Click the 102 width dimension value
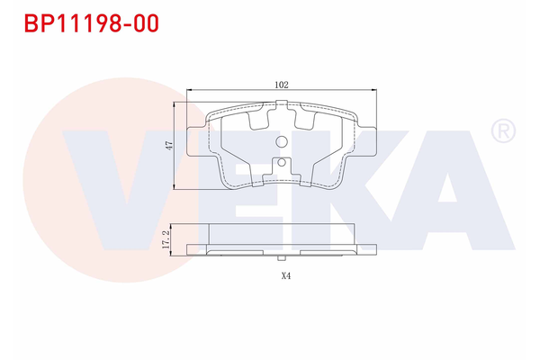pyautogui.click(x=281, y=84)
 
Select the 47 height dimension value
pyautogui.click(x=168, y=146)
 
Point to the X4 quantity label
pyautogui.click(x=285, y=276)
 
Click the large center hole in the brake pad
pyautogui.click(x=281, y=143)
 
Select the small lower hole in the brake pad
pyautogui.click(x=281, y=164)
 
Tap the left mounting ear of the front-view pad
pyautogui.click(x=195, y=143)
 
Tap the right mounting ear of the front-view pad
pyautogui.click(x=367, y=143)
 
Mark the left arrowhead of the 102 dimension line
pyautogui.click(x=188, y=91)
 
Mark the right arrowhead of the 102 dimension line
pyautogui.click(x=374, y=91)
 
